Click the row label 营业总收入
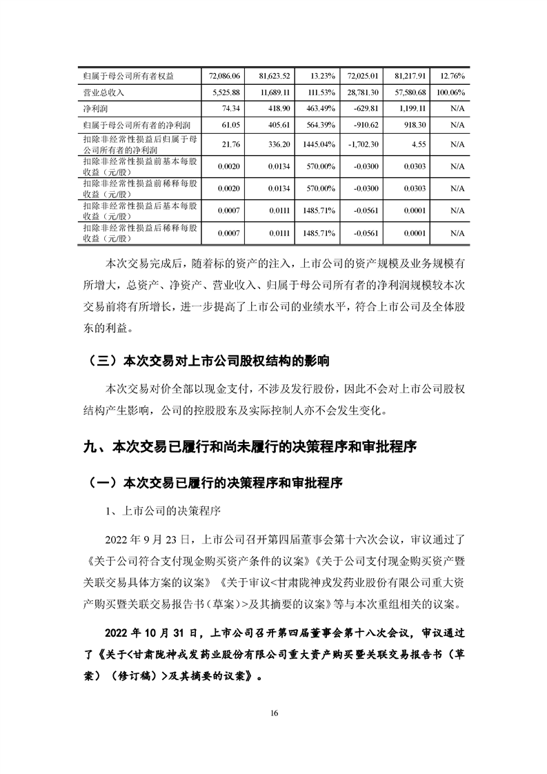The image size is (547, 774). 103,92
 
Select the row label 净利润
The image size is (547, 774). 93,109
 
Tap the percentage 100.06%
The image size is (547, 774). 452,92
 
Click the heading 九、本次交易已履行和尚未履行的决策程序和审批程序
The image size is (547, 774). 249,447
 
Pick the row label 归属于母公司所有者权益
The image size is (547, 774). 118,75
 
